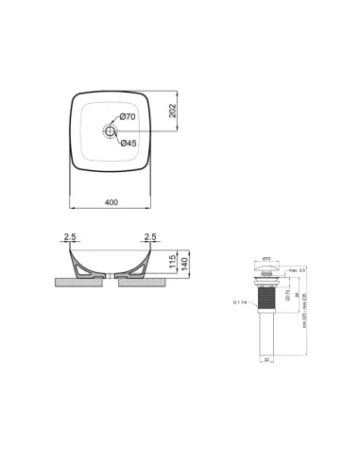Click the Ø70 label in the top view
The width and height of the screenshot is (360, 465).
click(x=130, y=116)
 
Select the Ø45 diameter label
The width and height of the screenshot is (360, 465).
click(x=130, y=142)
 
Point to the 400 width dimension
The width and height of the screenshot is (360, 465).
click(x=111, y=202)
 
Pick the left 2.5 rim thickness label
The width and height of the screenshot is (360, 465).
click(x=69, y=237)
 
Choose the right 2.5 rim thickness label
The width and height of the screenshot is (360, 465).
click(x=150, y=237)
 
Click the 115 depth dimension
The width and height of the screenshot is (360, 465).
click(x=171, y=262)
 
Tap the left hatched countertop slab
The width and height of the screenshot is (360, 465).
click(x=76, y=281)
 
